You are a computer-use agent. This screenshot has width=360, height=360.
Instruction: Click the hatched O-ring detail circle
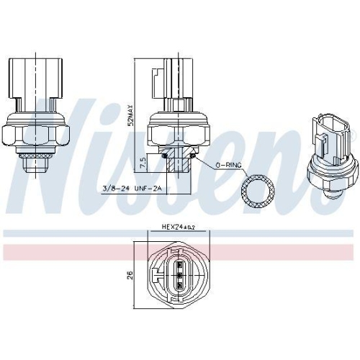pyautogui.click(x=257, y=190)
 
